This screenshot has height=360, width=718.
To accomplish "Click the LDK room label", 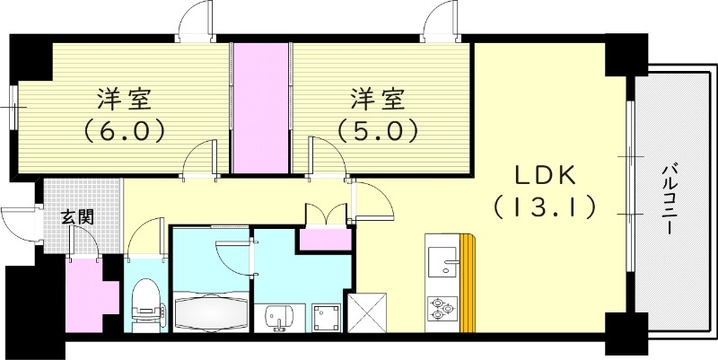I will tap(544, 174).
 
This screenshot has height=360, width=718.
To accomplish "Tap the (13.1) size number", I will tap(545, 208).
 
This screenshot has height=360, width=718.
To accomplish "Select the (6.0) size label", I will tap(124, 132).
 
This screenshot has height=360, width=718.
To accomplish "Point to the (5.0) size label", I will tap(377, 132).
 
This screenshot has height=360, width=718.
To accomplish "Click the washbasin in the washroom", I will tap(279, 316).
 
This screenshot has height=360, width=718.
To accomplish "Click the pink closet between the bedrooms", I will tap(261, 109).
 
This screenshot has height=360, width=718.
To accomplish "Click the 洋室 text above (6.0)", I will tap(124, 97).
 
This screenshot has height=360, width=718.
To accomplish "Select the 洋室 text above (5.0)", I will tap(377, 97).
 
